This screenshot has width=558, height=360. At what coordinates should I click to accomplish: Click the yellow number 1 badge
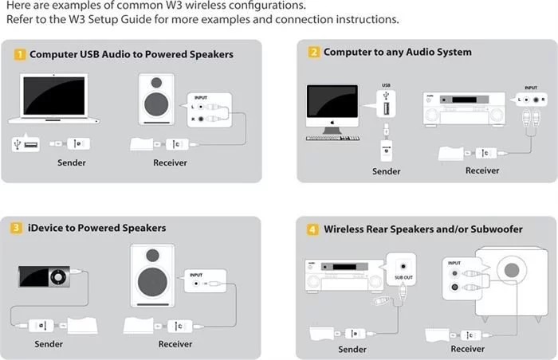coord(20,55)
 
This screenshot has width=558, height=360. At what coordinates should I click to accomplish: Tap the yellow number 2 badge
coord(315,53)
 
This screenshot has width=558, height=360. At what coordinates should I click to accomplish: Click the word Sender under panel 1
coord(72,163)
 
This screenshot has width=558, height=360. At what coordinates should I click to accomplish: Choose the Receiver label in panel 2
coord(482,170)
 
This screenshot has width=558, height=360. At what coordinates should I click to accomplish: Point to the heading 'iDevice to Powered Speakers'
coord(98,229)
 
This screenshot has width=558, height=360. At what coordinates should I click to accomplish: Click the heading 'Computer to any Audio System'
coord(397,53)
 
